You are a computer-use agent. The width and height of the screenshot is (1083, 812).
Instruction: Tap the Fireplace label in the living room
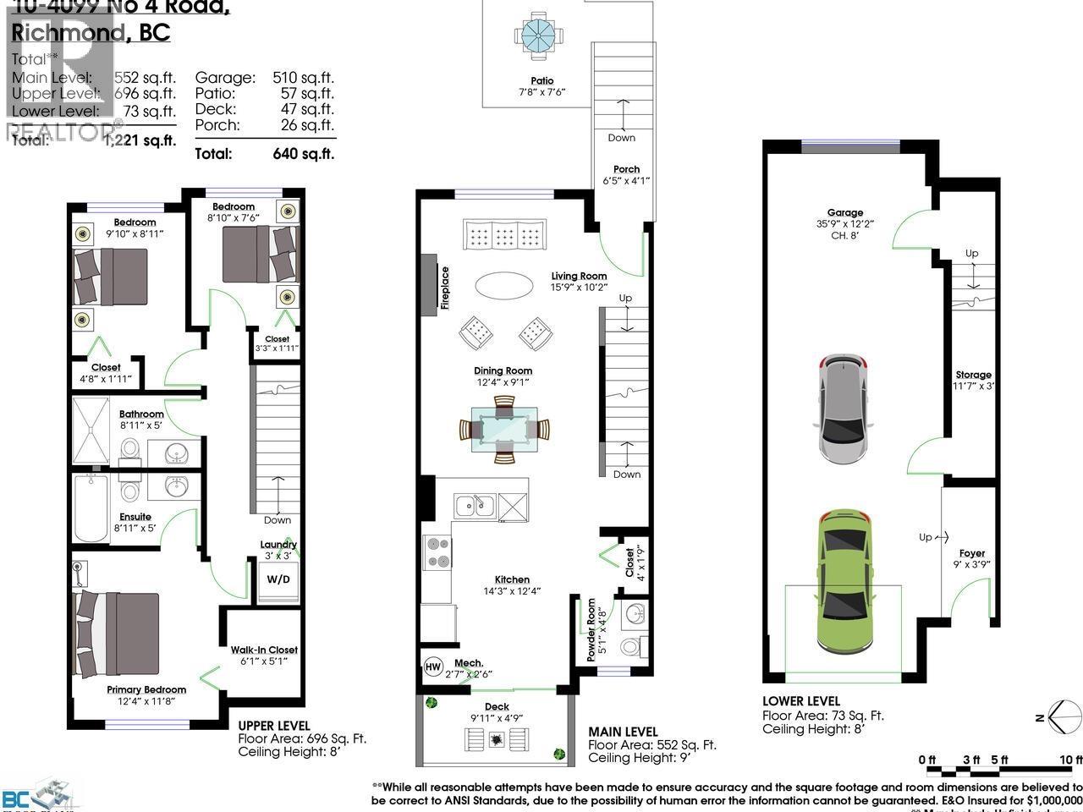[445, 288]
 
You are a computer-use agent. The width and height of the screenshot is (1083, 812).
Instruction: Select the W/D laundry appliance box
[278, 579]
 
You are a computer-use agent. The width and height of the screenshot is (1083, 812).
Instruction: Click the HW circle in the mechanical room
[432, 667]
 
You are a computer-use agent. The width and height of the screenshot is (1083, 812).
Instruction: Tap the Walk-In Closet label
[264, 650]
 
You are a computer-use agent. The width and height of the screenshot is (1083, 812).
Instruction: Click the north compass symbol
[1058, 717]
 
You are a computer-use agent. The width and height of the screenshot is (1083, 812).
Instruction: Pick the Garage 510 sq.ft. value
[303, 77]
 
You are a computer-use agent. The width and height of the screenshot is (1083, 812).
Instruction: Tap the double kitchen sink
[474, 506]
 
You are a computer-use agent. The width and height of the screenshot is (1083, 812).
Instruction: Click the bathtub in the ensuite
[91, 507]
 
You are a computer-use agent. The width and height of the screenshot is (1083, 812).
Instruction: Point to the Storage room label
[973, 375]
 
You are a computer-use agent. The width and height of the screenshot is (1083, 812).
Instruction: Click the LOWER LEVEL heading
[800, 700]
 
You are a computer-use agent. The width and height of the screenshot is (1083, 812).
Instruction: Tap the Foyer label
[972, 553]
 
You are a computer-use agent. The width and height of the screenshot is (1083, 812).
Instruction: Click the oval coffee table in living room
[504, 285]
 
